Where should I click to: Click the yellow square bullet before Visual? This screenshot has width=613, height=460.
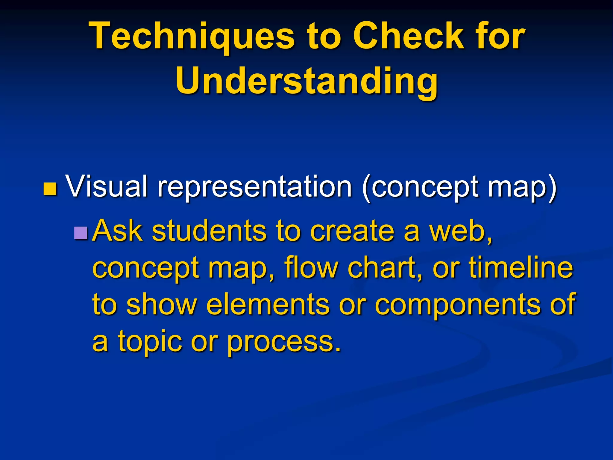50,189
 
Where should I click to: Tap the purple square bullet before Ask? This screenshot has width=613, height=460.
81,233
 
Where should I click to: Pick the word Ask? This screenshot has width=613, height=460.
117,231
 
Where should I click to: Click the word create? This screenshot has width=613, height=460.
352,231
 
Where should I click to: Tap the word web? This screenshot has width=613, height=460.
459,231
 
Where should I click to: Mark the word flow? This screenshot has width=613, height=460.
311,267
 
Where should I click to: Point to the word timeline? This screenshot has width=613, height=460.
521,267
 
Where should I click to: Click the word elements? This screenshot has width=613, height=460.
268,304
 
